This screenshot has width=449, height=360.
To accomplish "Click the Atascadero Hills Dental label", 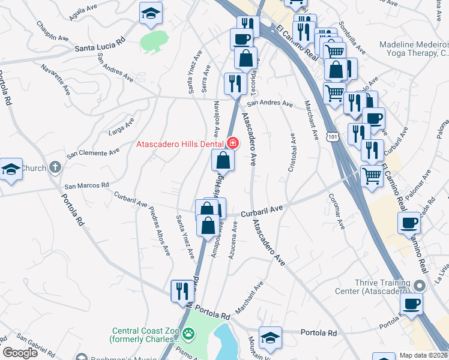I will click(180, 144).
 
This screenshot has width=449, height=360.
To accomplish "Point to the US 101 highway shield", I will click(334, 137).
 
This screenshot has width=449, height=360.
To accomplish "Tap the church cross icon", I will click(55, 167).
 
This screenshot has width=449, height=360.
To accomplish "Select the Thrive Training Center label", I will click(372, 287).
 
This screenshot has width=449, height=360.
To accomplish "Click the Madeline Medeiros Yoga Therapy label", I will click(414, 49).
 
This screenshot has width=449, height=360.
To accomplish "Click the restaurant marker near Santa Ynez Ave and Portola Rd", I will click(182, 291).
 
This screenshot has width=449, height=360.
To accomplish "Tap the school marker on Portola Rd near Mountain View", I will click(270, 337).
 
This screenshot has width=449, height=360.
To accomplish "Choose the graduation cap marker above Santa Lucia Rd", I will click(151, 13).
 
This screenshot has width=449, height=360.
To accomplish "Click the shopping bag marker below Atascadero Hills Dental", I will click(223, 160).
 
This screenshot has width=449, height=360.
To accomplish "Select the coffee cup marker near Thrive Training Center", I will click(411, 304).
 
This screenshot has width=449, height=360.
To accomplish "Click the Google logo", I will click(20, 353).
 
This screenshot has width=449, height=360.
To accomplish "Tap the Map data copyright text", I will click(424, 355).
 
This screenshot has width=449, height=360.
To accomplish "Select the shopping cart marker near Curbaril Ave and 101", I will click(372, 176).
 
